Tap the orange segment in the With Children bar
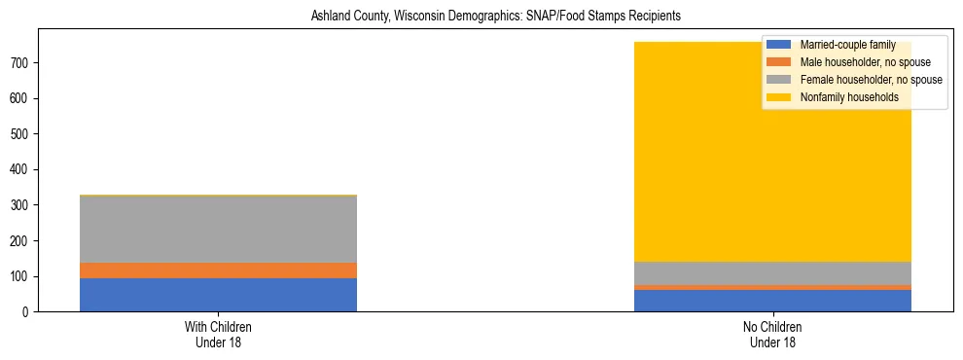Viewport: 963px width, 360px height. (218, 270)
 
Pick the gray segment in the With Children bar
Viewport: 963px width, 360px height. (218, 230)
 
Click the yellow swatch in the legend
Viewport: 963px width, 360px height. (780, 97)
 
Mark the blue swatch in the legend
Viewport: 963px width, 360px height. (780, 45)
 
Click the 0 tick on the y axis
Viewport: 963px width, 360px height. (34, 311)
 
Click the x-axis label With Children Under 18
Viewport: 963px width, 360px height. (218, 334)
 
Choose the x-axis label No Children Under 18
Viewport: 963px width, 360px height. (773, 334)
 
